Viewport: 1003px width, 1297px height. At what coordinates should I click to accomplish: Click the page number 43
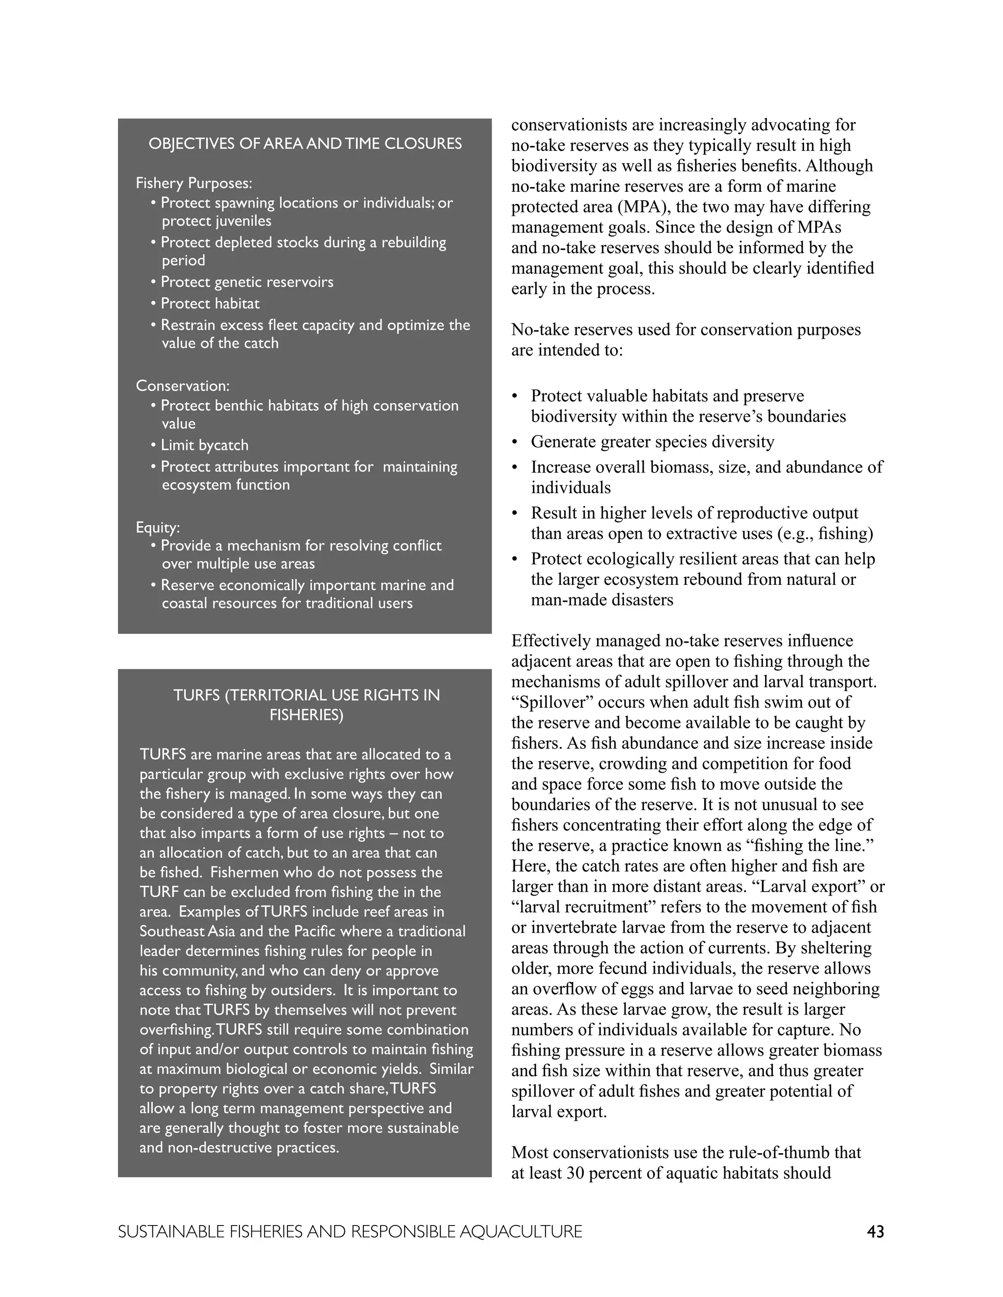pos(875,1232)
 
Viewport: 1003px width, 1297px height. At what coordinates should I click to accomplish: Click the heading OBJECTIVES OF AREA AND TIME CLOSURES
pos(305,144)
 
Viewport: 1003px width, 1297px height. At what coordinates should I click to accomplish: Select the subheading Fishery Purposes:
pos(194,183)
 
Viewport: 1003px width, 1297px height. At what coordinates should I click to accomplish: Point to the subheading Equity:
pos(158,527)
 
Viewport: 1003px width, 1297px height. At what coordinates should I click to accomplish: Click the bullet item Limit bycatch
pos(204,445)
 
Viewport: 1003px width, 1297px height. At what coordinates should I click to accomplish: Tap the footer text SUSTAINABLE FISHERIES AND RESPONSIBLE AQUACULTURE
pos(350,1232)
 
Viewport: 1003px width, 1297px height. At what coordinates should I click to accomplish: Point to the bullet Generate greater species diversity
pos(652,441)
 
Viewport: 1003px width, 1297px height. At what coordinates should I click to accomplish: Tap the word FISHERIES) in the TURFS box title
pos(306,715)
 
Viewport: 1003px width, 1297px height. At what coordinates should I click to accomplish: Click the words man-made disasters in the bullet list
pos(602,600)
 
